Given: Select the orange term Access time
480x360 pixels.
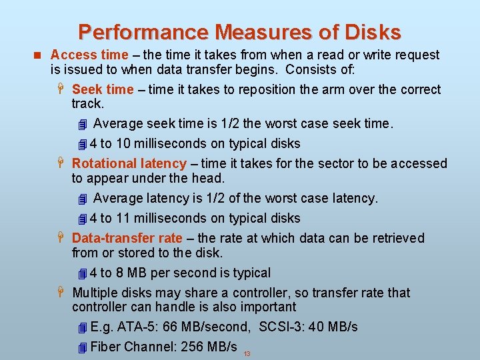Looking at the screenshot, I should tap(89, 55).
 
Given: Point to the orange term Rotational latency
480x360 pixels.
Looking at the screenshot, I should tap(129, 163).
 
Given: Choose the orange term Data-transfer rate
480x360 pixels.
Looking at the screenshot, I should tap(127, 238).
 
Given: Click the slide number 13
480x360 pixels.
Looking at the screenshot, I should tap(247, 354).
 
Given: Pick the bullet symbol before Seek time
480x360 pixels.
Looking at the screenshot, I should tap(61, 89).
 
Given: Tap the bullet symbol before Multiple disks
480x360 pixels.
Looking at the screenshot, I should tap(61, 293).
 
